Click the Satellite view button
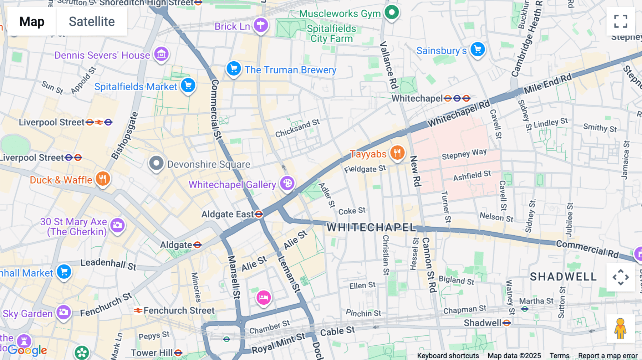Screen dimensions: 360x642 (92, 22)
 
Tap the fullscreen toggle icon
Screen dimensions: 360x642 (621, 21)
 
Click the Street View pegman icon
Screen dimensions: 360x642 (620, 329)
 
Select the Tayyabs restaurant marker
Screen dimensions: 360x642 (397, 153)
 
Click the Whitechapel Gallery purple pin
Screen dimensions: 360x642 (287, 184)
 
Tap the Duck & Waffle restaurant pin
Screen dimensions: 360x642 (103, 179)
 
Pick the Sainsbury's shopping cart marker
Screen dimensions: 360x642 (478, 49)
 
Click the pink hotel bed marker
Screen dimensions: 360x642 (264, 297)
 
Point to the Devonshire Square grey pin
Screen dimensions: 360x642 (156, 163)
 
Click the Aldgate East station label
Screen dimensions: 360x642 (228, 214)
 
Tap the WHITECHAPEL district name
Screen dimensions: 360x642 (371, 227)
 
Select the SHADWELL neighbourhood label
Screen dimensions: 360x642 (563, 277)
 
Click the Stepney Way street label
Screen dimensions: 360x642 (464, 154)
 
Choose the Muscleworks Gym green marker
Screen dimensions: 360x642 (392, 12)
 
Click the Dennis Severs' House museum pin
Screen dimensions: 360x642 (161, 54)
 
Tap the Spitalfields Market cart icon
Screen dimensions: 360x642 (188, 86)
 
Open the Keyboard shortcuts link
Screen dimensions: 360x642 (448, 356)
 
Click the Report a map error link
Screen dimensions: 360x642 (608, 356)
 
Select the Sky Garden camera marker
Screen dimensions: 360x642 (64, 312)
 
